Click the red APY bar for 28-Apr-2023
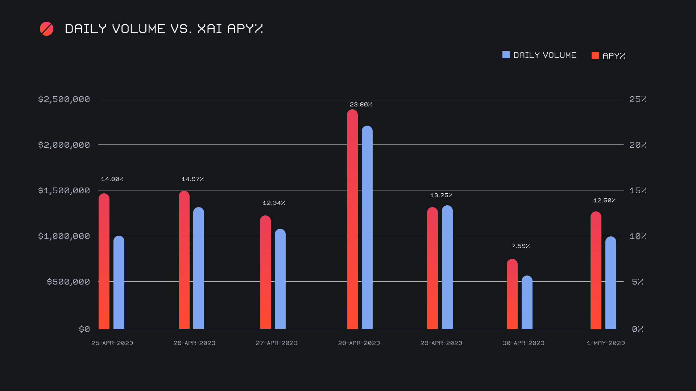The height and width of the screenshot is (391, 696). [352, 219]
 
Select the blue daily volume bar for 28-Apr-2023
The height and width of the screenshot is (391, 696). [367, 227]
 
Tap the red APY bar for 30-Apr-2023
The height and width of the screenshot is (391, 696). [512, 294]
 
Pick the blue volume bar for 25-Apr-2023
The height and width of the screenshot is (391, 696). [119, 282]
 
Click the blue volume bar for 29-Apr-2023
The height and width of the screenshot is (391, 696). [447, 267]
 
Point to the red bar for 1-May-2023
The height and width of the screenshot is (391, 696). [596, 270]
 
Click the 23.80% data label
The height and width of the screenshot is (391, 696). [361, 105]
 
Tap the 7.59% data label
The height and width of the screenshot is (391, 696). [521, 246]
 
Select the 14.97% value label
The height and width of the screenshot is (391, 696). [192, 179]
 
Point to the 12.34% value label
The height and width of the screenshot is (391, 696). [274, 203]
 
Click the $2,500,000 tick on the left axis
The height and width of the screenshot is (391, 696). [64, 99]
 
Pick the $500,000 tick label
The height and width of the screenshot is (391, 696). [68, 282]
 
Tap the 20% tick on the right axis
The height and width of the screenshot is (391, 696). [638, 145]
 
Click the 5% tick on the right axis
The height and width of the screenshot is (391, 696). [637, 282]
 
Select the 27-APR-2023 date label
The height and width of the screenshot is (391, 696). [277, 343]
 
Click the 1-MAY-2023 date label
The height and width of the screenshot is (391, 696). [606, 343]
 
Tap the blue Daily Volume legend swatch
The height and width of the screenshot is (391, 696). [506, 55]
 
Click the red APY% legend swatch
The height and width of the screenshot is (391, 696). [595, 55]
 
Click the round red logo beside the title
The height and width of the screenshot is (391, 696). [47, 29]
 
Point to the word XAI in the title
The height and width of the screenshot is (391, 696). [210, 29]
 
